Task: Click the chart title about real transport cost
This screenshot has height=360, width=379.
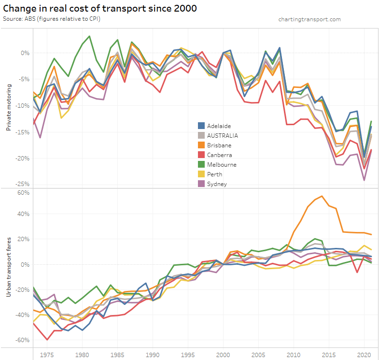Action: point(99,9)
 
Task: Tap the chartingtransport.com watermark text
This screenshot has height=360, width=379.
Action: point(309,19)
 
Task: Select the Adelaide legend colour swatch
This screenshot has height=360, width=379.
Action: point(202,126)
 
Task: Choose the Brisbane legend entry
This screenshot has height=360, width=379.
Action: point(219,145)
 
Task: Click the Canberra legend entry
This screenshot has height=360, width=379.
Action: point(220,155)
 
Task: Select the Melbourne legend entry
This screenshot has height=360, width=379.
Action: point(222,164)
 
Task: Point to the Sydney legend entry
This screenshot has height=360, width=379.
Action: point(217,184)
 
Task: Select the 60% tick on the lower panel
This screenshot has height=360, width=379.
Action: point(24,192)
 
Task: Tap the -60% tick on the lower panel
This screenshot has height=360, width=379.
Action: point(23,340)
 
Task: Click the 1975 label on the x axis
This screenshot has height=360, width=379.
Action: point(47,354)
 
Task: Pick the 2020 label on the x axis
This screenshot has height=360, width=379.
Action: point(364,354)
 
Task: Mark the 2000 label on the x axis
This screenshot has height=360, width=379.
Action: point(223,354)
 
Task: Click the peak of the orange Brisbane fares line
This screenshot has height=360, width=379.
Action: point(322,196)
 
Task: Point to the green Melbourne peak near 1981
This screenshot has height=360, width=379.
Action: point(89,36)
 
